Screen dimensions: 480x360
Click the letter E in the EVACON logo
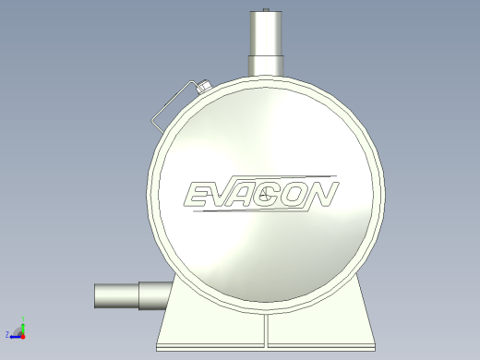pos(197,194)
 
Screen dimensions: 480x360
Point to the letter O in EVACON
pos(296,194)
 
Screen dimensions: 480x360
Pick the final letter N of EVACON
pos(322,194)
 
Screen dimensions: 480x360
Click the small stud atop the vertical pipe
pos(266,10)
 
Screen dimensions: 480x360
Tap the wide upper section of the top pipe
pos(266,33)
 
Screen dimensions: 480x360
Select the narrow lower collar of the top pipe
pos(266,66)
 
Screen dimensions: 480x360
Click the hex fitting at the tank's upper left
pos(204,86)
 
